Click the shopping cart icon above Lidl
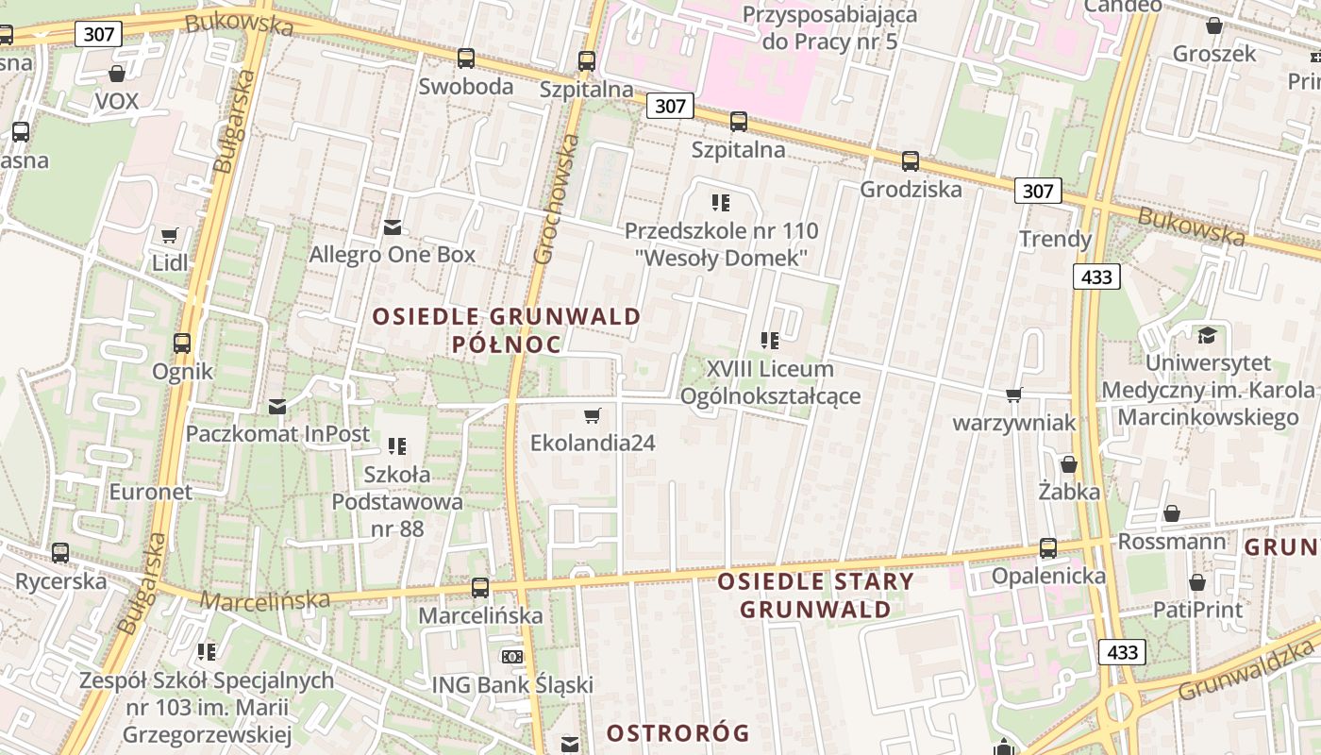click(169, 235)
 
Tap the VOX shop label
click(117, 101)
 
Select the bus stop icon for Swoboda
click(466, 59)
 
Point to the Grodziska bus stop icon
click(911, 161)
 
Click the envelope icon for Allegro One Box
click(393, 227)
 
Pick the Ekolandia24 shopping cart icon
click(593, 415)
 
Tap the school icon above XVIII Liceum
click(770, 341)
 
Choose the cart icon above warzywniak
click(1014, 394)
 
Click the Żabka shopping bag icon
click(1069, 464)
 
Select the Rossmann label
click(1172, 542)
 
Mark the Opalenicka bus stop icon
click(1048, 548)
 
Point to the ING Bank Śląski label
click(512, 684)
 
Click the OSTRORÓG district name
click(677, 732)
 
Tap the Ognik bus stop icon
click(182, 344)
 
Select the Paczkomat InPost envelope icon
click(277, 407)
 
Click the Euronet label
click(150, 492)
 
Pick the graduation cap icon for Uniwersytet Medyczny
click(1207, 335)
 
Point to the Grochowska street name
click(557, 198)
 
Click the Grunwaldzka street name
click(1246, 669)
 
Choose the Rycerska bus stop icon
click(60, 553)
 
